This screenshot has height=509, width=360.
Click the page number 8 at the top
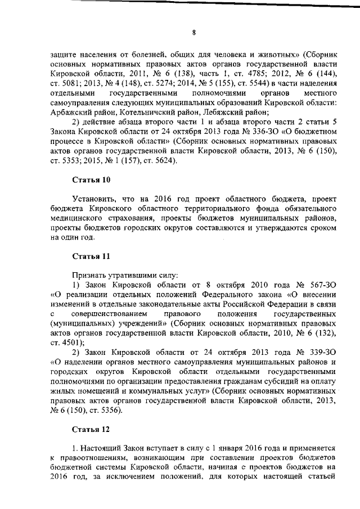193,32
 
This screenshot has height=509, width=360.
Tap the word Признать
89,276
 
